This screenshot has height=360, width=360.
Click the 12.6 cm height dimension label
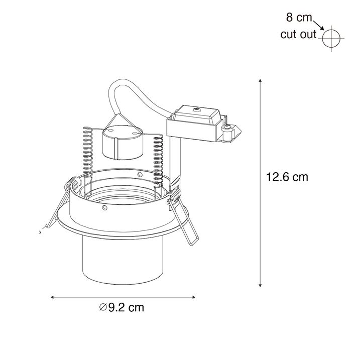287,177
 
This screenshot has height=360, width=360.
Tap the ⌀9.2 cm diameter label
122,307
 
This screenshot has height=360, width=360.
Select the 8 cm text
299,18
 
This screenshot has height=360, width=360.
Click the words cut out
298,34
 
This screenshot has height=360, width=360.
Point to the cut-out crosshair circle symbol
331,38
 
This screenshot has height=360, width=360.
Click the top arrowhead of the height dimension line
260,80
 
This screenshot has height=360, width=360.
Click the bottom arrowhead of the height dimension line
260,285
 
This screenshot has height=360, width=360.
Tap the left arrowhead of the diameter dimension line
52,297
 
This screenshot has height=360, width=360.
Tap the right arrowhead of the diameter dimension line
194,297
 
